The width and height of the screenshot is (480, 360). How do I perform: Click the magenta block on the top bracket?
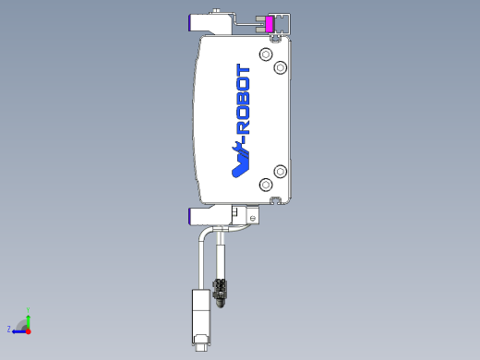[270, 24]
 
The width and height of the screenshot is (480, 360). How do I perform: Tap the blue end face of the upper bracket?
[190, 21]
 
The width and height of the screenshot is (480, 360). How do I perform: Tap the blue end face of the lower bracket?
[190, 215]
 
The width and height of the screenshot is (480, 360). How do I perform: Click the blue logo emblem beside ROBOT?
[239, 161]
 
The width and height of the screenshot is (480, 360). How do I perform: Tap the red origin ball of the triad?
[28, 330]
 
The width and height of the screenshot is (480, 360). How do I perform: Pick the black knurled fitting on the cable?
[220, 291]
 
